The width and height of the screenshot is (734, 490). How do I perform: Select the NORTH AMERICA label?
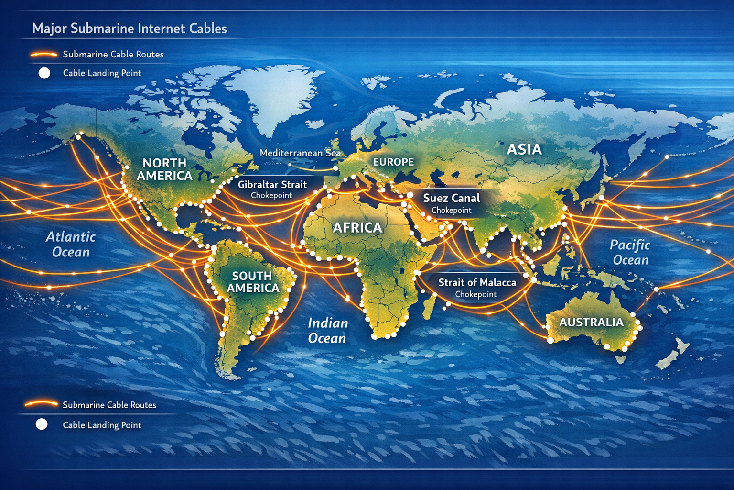164,169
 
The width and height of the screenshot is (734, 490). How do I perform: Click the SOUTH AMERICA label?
252,282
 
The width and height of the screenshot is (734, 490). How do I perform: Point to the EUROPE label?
393,162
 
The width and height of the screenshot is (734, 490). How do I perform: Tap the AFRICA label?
357,227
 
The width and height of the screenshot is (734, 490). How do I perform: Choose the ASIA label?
524,149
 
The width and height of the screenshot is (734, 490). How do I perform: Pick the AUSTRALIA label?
591,322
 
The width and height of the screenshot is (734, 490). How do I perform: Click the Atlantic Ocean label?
71,244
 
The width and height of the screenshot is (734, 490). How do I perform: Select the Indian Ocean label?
327,330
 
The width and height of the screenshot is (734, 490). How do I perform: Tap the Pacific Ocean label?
630,252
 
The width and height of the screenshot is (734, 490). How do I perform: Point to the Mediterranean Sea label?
300,153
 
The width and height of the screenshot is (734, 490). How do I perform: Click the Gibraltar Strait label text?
272,184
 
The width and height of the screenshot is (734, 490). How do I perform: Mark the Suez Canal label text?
452,198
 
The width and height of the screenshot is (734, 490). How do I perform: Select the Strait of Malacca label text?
477,282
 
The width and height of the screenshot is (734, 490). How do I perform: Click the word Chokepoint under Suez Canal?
452,210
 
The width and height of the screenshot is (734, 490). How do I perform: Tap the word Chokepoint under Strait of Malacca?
475,294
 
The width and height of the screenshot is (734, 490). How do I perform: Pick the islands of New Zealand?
674,354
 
